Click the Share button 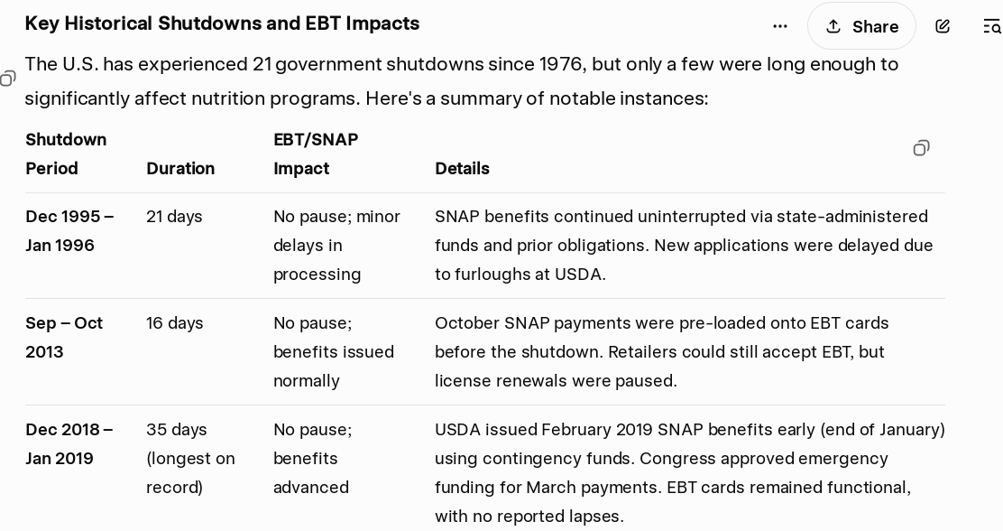point(861,26)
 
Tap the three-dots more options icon point(779,26)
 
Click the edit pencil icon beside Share point(943,26)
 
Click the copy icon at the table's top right point(921,149)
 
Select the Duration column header point(180,169)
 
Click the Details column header point(462,169)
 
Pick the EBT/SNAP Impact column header point(316,154)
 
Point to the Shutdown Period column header point(66,154)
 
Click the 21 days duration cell point(174,217)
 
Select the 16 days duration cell point(175,322)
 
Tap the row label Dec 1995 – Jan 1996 point(69,230)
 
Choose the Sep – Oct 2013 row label point(64,337)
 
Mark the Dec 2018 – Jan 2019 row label point(69,444)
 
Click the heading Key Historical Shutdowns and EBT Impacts point(222,23)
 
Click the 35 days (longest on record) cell point(190,458)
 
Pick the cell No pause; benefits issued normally point(333,351)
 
